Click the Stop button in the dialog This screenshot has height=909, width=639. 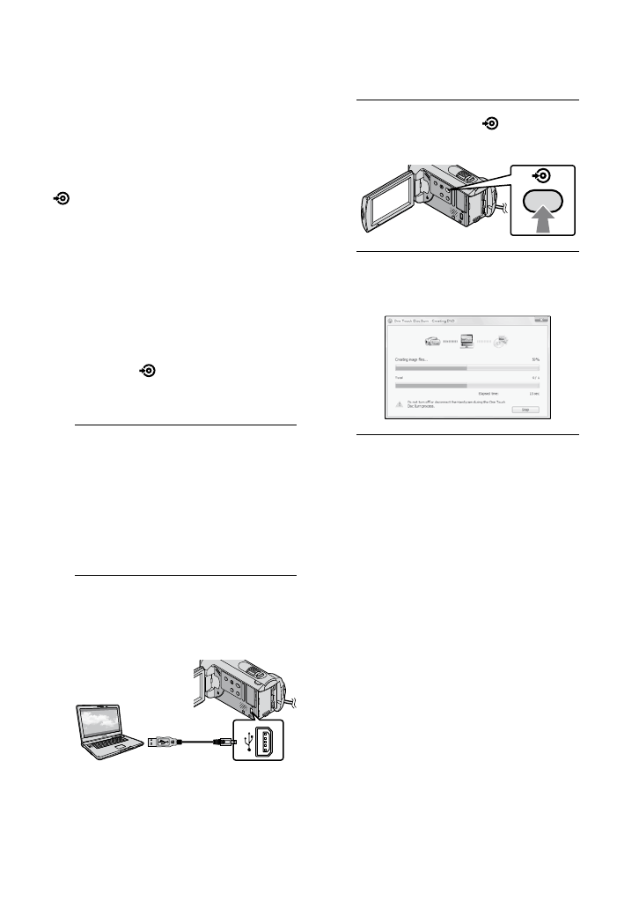[x=525, y=409]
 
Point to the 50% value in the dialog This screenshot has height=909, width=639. [x=534, y=359]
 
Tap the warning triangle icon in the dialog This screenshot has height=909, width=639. [x=400, y=403]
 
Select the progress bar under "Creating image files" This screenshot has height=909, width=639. [x=466, y=368]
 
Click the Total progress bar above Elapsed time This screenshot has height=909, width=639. [x=466, y=385]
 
